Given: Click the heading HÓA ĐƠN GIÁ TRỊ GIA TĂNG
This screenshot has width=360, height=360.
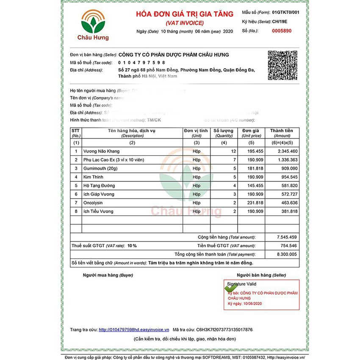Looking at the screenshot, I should tap(184, 14).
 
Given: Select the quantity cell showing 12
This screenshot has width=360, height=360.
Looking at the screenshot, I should tap(233, 151).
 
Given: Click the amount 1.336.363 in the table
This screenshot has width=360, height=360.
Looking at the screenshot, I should tap(288, 160).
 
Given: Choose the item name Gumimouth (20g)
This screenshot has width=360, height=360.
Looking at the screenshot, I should tap(102, 168).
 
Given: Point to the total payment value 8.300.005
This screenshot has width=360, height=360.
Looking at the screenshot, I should tap(287, 254).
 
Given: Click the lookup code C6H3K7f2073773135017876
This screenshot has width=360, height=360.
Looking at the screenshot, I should tap(221, 330).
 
